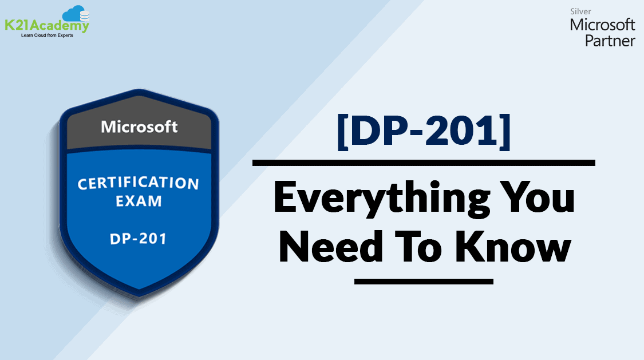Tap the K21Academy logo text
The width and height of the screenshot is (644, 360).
pos(46,26)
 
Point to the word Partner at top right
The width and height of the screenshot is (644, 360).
pos(610,41)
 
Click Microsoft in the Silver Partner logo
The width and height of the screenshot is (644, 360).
pos(602,25)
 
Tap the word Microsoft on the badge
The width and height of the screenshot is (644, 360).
pos(139,126)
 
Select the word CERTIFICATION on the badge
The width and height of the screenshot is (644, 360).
pos(139,184)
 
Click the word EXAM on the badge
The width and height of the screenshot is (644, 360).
pos(139,201)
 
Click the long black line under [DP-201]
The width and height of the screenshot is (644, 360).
pos(424,163)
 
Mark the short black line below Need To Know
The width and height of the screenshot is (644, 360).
pos(424,281)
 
